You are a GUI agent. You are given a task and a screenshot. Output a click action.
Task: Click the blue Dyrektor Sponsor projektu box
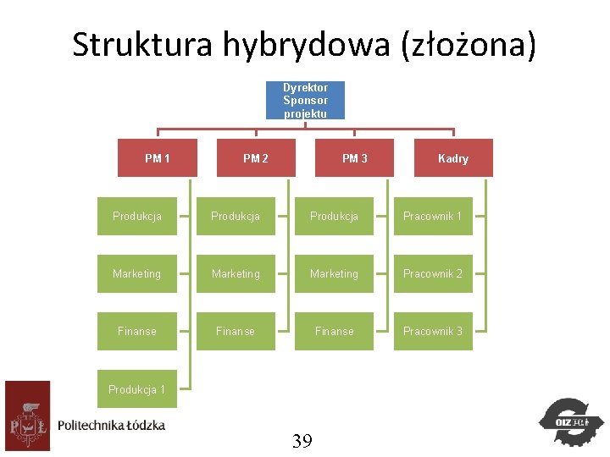(x=305, y=100)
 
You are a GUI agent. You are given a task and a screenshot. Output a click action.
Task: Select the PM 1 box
(x=158, y=158)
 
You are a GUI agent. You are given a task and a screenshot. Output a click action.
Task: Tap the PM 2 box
(x=256, y=158)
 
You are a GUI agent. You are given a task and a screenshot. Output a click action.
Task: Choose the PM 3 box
(x=355, y=158)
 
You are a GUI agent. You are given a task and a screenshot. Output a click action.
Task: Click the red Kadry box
(x=453, y=158)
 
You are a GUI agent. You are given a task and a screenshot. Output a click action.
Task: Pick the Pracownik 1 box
(x=433, y=216)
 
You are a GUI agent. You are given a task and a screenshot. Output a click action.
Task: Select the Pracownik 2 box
(x=433, y=273)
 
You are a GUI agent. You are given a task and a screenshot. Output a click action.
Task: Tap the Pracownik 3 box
(x=433, y=331)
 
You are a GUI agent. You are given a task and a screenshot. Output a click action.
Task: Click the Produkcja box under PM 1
(x=137, y=216)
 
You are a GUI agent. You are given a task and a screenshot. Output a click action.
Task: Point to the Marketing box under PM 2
(x=236, y=273)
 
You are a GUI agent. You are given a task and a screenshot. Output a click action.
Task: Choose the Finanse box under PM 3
(x=334, y=331)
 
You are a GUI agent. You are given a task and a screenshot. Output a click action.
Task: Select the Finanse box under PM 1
(x=137, y=331)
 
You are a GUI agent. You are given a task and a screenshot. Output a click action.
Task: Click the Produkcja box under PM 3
(x=334, y=216)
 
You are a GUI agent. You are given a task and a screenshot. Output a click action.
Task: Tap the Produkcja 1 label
(x=137, y=389)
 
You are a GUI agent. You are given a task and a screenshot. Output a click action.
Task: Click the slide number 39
(x=302, y=440)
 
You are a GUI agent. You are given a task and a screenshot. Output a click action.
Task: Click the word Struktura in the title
(x=142, y=45)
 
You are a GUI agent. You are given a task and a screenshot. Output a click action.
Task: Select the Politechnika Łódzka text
(x=112, y=424)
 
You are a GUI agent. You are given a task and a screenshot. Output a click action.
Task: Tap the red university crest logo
(x=27, y=416)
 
